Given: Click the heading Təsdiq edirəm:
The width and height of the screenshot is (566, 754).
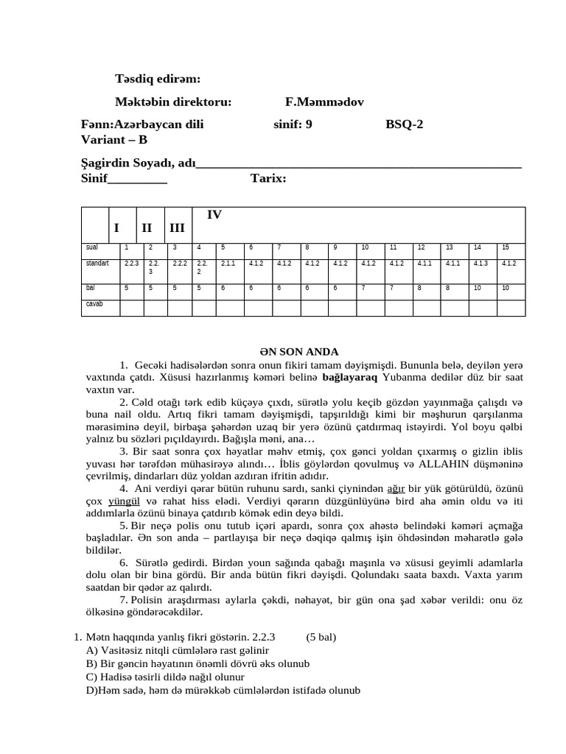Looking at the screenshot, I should [158, 79].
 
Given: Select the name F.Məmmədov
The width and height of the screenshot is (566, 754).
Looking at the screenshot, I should [324, 102].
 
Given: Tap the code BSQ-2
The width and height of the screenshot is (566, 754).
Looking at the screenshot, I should [405, 124].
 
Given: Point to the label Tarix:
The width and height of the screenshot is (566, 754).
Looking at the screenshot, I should [268, 178].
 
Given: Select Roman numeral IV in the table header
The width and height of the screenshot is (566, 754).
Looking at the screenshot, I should [214, 215].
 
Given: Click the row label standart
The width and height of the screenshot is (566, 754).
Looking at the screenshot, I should [98, 263].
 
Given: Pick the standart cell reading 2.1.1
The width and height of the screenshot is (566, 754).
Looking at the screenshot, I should [228, 263].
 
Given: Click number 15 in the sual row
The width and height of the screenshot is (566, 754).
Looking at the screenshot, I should [506, 247].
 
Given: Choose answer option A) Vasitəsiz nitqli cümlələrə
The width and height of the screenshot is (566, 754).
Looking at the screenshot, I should [177, 651].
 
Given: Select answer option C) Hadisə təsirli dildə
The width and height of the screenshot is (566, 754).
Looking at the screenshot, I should [165, 677].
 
